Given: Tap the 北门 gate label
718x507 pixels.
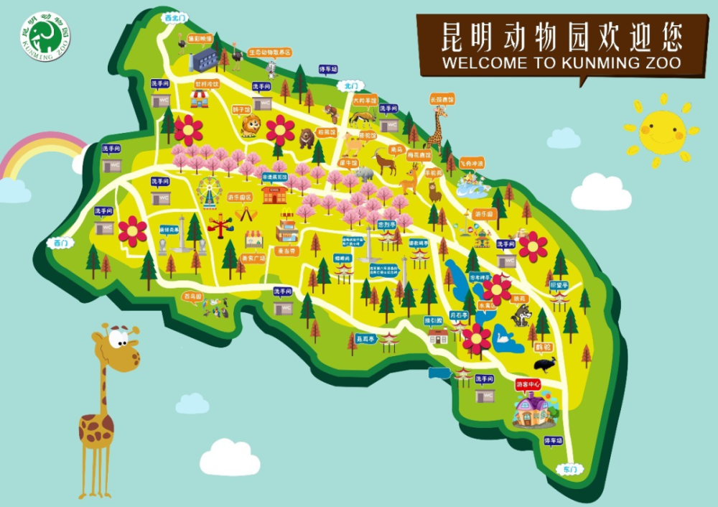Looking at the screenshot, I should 350,85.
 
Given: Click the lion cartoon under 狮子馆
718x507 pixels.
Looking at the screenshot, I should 250,126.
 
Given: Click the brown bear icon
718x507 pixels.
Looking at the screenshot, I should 307,136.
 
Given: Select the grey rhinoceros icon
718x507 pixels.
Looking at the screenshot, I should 365,174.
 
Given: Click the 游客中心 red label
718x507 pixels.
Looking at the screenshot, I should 528,385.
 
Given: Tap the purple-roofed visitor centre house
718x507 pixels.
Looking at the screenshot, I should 532,409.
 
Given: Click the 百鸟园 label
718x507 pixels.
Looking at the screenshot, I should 192,295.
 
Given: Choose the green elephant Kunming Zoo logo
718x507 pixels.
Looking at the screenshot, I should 45,33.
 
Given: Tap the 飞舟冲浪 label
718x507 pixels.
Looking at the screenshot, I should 472,164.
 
